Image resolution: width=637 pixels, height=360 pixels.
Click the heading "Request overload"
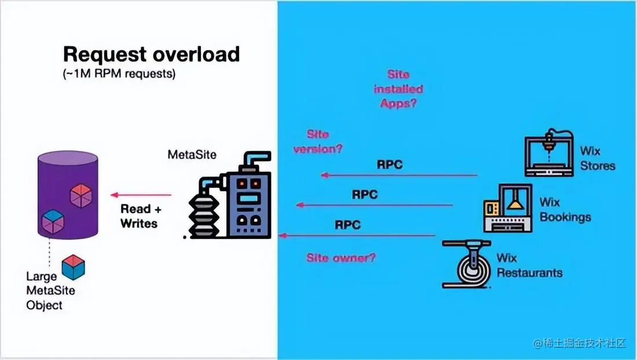click(151, 54)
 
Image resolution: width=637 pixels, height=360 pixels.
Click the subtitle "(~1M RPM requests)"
click(119, 74)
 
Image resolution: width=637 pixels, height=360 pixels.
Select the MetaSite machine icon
click(229, 197)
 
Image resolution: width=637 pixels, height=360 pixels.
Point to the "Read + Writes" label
click(139, 216)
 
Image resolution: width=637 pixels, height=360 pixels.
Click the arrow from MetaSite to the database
click(141, 195)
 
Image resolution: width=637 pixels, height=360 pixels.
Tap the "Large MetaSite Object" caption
click(51, 291)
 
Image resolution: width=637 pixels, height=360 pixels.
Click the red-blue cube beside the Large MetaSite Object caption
click(74, 267)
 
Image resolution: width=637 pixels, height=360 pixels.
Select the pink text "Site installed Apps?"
click(398, 89)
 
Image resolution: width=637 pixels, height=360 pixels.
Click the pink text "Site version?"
click(318, 141)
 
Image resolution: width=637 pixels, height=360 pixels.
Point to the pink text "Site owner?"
click(341, 258)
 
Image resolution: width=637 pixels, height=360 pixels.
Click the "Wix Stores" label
click(598, 158)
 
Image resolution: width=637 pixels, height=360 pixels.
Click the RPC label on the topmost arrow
click(390, 164)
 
